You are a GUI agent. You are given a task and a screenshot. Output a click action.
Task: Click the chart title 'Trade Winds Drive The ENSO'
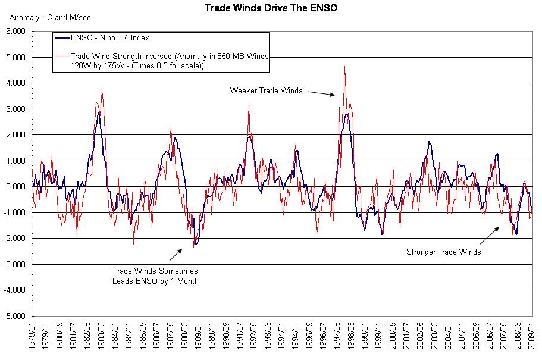tap(270, 8)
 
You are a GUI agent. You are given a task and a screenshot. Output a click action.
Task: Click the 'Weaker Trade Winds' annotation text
tap(266, 91)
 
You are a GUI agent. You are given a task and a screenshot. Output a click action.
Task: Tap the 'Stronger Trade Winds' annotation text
tap(443, 252)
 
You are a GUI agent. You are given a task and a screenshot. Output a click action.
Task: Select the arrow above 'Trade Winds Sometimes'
tap(176, 255)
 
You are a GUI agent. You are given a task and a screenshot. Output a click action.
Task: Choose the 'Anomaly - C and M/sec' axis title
tap(41, 17)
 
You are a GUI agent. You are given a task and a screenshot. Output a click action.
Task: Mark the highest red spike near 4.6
tap(344, 67)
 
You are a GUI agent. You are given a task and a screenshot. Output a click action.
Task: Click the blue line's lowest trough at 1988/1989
tap(195, 245)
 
